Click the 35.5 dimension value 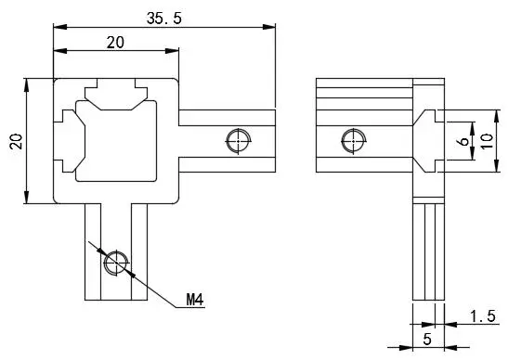click(164, 19)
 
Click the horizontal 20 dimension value click(115, 43)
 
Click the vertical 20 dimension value click(17, 141)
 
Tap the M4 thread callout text click(195, 300)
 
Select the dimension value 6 click(464, 141)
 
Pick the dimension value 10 click(487, 141)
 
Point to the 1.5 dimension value click(483, 316)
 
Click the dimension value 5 click(427, 339)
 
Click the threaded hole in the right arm click(239, 141)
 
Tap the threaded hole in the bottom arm click(116, 263)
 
